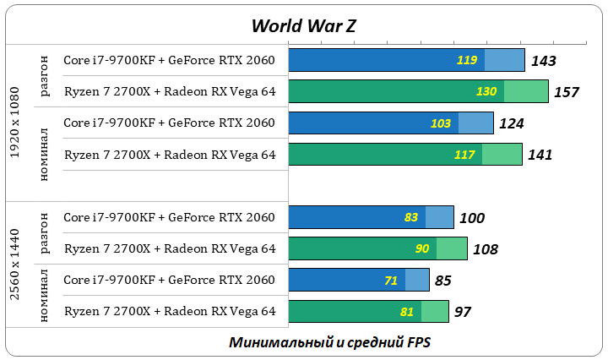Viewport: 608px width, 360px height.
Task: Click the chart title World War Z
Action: click(303, 25)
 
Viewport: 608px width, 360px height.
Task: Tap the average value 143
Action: click(544, 60)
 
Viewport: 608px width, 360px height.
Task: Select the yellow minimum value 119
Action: click(467, 60)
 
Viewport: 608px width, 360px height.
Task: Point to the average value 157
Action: click(566, 91)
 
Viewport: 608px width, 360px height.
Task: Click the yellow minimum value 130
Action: click(486, 91)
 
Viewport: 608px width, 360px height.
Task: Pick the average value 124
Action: click(511, 123)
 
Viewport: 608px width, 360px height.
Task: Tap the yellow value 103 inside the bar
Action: click(441, 123)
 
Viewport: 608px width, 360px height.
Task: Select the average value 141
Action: click(540, 155)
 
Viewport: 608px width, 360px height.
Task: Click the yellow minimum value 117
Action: click(464, 155)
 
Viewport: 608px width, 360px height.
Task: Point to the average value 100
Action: click(472, 218)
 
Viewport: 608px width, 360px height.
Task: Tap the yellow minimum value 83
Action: click(411, 218)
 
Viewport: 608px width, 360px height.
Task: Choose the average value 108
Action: click(486, 249)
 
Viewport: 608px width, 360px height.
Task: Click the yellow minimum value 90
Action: click(423, 249)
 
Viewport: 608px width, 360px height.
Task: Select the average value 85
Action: click(443, 281)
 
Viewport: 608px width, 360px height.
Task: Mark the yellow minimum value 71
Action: click(391, 281)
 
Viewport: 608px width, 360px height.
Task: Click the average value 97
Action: click(462, 312)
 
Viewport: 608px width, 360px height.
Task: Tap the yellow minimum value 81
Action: click(407, 312)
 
